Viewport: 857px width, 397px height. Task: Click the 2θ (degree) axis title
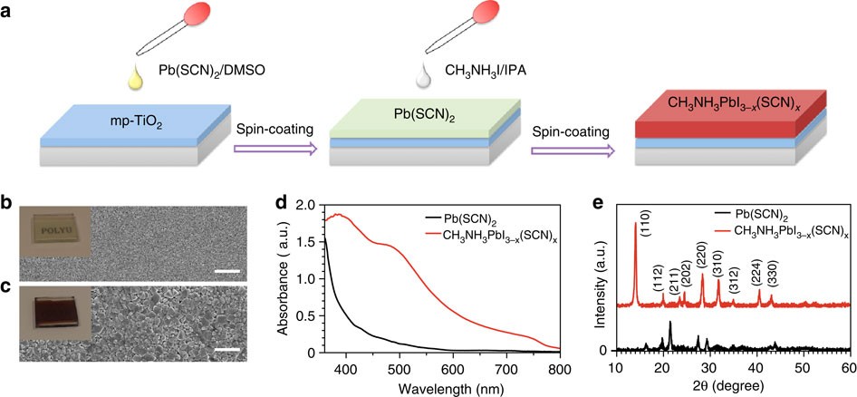tap(730, 387)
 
